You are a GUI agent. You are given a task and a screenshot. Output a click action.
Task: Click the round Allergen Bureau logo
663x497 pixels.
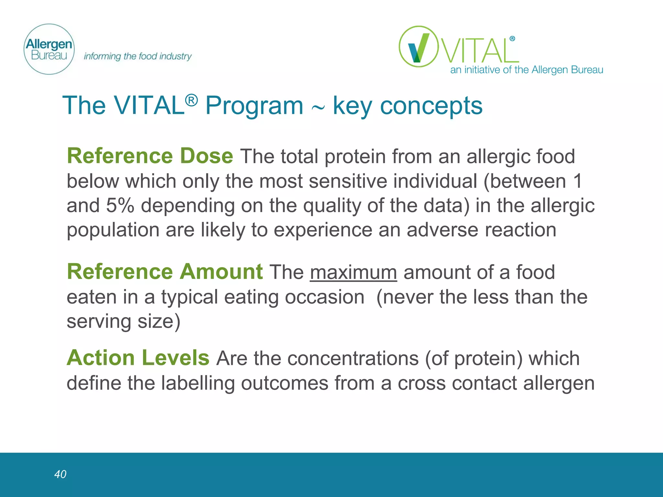click(49, 49)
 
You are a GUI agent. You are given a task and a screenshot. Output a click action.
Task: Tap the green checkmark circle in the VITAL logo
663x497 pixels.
click(419, 47)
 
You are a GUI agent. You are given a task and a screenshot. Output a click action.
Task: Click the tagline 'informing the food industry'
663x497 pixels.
click(138, 56)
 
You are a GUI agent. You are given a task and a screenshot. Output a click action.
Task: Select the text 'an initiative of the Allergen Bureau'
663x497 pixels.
click(526, 70)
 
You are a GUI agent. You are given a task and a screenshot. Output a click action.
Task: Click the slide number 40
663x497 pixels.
click(60, 474)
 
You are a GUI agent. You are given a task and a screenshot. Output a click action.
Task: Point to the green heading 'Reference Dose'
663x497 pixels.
click(150, 156)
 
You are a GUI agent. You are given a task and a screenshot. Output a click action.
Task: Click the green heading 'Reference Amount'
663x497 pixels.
click(164, 272)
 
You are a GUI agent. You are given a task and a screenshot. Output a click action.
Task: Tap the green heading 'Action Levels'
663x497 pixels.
click(138, 358)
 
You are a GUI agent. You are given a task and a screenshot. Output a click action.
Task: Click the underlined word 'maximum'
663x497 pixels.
click(353, 272)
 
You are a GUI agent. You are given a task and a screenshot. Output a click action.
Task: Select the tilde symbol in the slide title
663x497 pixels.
click(318, 108)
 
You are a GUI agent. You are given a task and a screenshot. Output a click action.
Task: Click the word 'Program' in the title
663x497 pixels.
click(254, 106)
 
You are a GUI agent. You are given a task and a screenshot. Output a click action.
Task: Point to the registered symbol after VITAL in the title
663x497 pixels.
click(191, 100)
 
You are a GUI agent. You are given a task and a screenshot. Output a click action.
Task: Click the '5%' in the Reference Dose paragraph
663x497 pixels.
click(120, 205)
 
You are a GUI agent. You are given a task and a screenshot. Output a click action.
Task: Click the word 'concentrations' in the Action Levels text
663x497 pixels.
click(353, 359)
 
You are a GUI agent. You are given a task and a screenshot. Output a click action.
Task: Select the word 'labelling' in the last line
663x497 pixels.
click(197, 383)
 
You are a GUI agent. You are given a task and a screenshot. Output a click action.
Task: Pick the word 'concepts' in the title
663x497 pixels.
click(431, 106)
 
